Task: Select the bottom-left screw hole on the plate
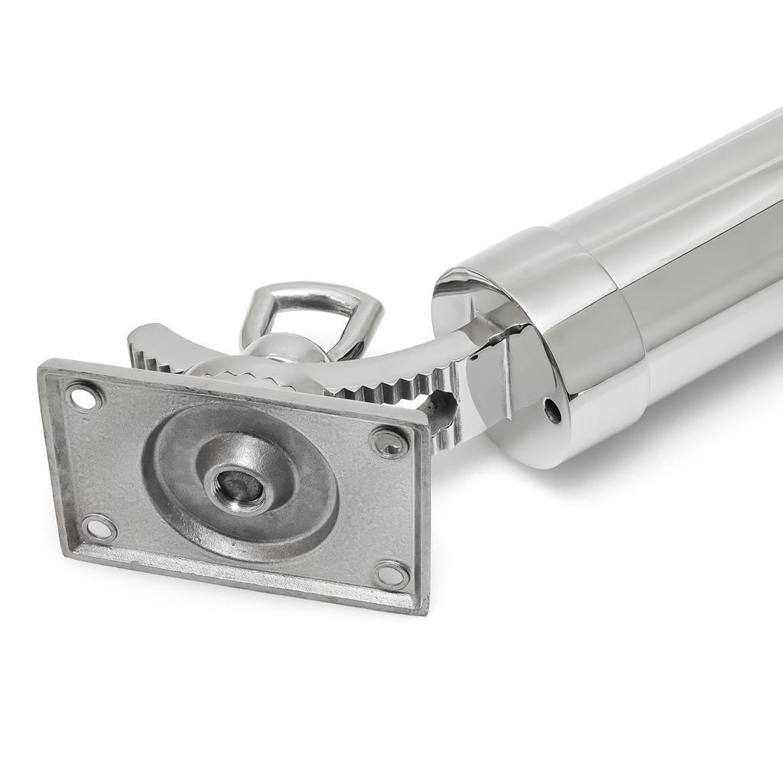click(99, 528)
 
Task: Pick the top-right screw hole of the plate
click(389, 443)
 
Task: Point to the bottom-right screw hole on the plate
click(391, 574)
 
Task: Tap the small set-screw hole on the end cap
click(552, 411)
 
